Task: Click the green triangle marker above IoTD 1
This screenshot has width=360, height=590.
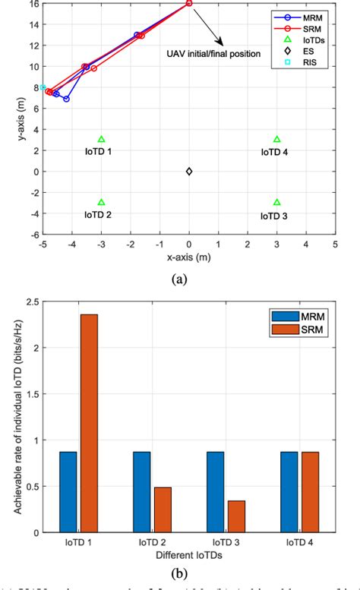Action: coord(102,139)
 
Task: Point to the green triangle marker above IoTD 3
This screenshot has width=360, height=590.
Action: coord(277,202)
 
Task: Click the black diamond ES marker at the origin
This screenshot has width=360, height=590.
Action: coord(189,171)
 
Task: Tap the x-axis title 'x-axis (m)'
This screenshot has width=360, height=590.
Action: coord(189,258)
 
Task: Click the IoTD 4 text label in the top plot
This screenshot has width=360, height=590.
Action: coord(274,152)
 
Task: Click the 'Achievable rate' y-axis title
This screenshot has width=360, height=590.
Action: coord(9,427)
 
